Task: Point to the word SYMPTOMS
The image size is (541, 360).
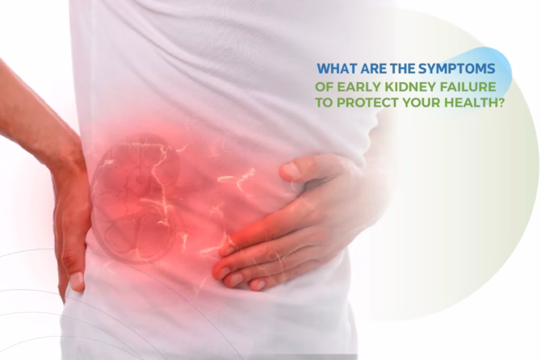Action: [x=457, y=69]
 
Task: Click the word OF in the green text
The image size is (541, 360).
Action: [x=325, y=86]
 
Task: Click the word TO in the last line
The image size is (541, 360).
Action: [x=325, y=103]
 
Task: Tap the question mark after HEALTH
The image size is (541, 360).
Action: [x=500, y=103]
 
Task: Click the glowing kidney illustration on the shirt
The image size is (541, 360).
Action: [x=136, y=199]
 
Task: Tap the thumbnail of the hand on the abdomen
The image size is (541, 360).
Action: [x=291, y=170]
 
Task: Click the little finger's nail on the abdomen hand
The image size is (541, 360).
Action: [x=258, y=285]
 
